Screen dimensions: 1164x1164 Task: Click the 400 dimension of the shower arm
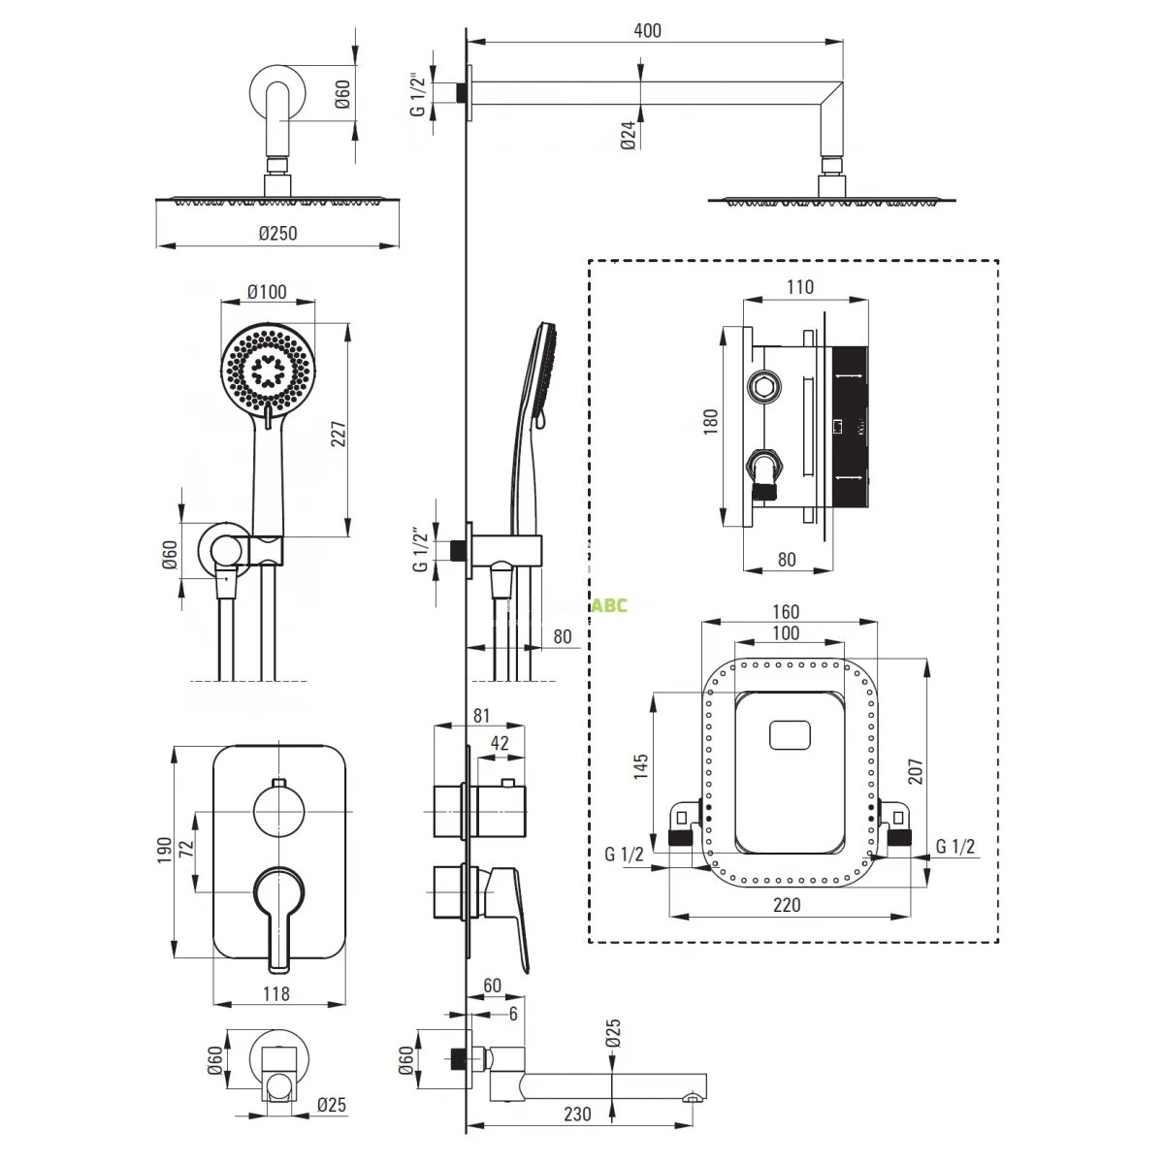pyautogui.click(x=647, y=30)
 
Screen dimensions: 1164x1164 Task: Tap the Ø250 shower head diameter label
pyautogui.click(x=277, y=233)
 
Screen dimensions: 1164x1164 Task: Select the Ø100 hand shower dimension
pyautogui.click(x=267, y=292)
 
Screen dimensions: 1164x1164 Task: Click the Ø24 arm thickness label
pyautogui.click(x=628, y=134)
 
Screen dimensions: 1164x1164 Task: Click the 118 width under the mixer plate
pyautogui.click(x=276, y=993)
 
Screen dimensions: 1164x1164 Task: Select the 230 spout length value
pyautogui.click(x=577, y=1114)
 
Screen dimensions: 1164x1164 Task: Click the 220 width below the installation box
pyautogui.click(x=787, y=904)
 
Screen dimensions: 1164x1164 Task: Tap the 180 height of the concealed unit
pyautogui.click(x=711, y=420)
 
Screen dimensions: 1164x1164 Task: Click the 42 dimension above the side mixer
pyautogui.click(x=501, y=743)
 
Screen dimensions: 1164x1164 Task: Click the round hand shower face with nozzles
pyautogui.click(x=267, y=370)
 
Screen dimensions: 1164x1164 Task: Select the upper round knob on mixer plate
pyautogui.click(x=277, y=809)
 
